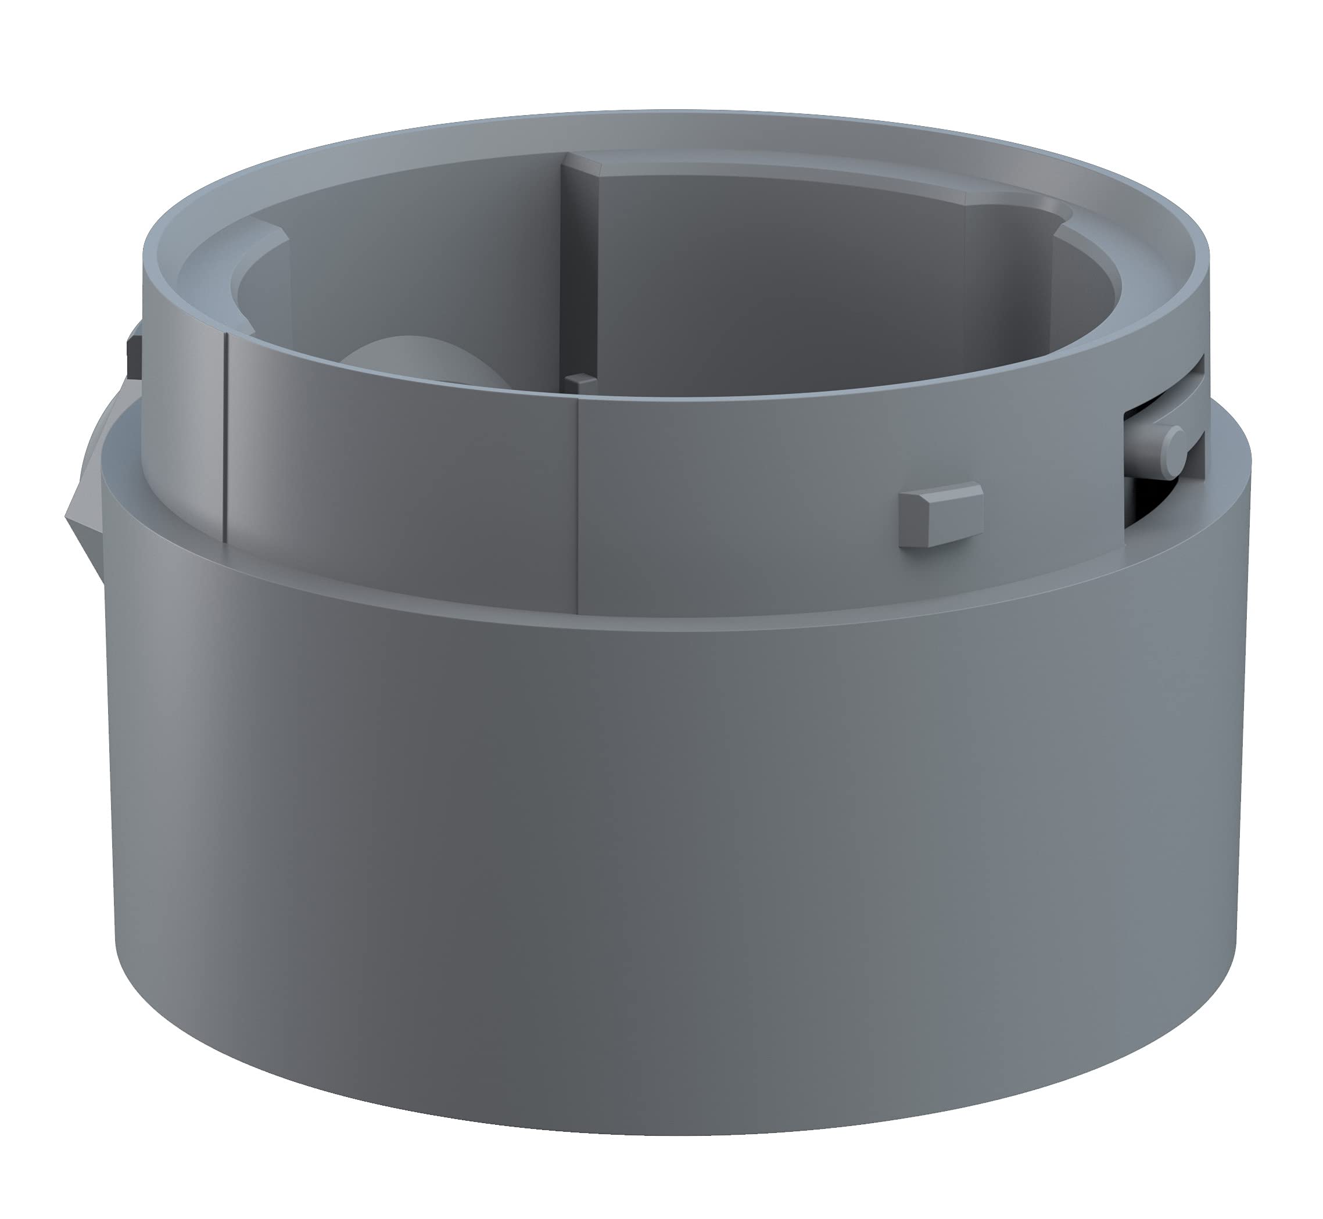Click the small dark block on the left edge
pyautogui.click(x=133, y=357)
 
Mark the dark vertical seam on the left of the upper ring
pyautogui.click(x=225, y=435)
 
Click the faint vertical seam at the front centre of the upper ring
pyautogui.click(x=577, y=508)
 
